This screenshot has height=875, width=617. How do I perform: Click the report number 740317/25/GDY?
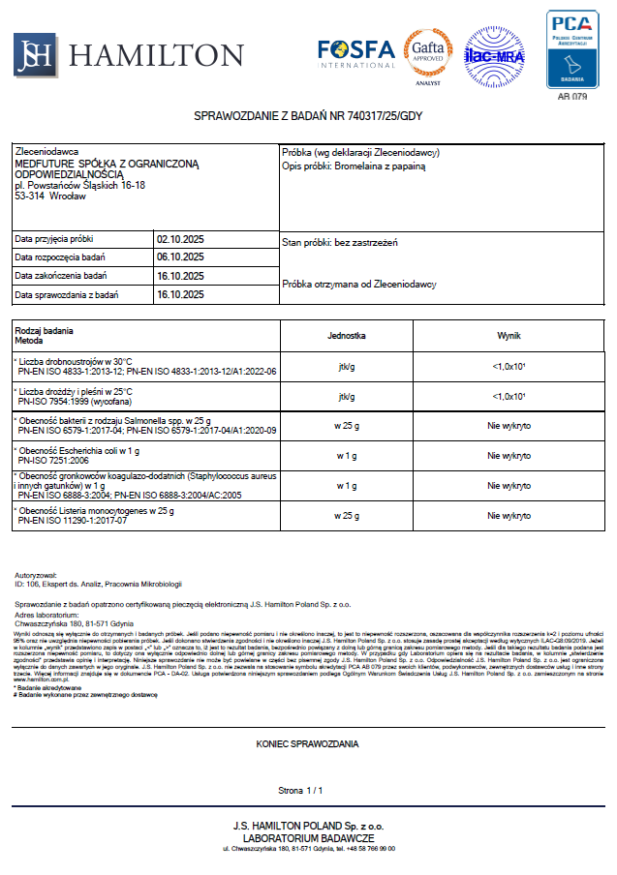click(385, 116)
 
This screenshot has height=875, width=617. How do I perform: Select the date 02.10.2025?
click(180, 238)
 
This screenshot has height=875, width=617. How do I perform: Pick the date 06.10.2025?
click(180, 256)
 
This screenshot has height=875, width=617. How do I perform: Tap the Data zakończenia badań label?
click(61, 276)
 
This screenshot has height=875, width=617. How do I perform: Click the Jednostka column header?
click(347, 336)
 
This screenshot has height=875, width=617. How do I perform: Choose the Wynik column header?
click(509, 336)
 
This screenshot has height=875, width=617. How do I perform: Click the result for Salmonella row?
click(509, 426)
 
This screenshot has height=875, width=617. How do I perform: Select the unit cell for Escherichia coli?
click(347, 455)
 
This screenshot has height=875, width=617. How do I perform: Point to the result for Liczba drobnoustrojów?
click(509, 367)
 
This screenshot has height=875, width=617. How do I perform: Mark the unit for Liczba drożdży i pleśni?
click(347, 396)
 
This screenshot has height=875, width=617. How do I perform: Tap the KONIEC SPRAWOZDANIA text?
click(307, 744)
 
